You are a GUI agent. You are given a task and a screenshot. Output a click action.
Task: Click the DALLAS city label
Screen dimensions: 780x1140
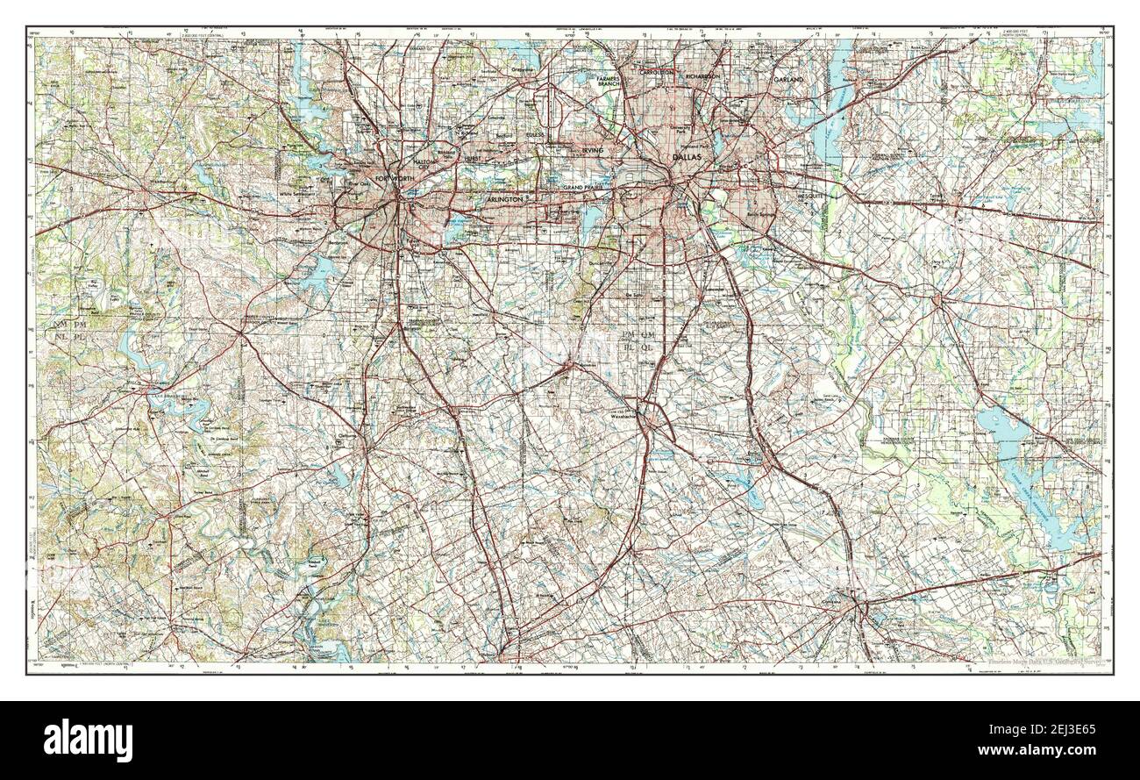688,157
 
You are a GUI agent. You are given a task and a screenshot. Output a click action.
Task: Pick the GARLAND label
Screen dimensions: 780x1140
787,80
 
